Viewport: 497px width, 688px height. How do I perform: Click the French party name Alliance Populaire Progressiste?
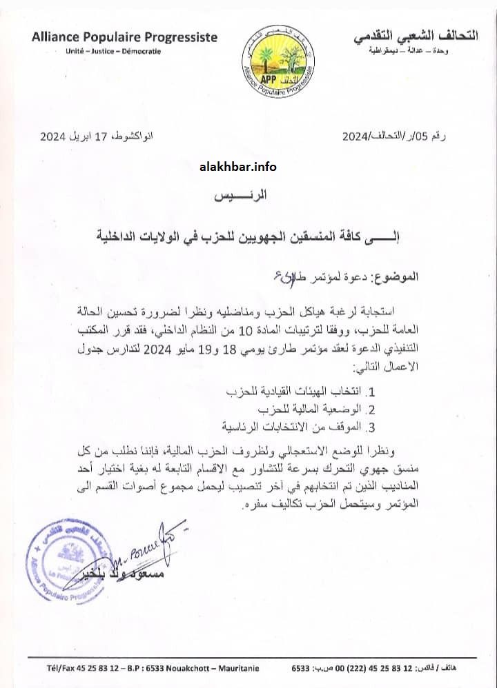(124, 37)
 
